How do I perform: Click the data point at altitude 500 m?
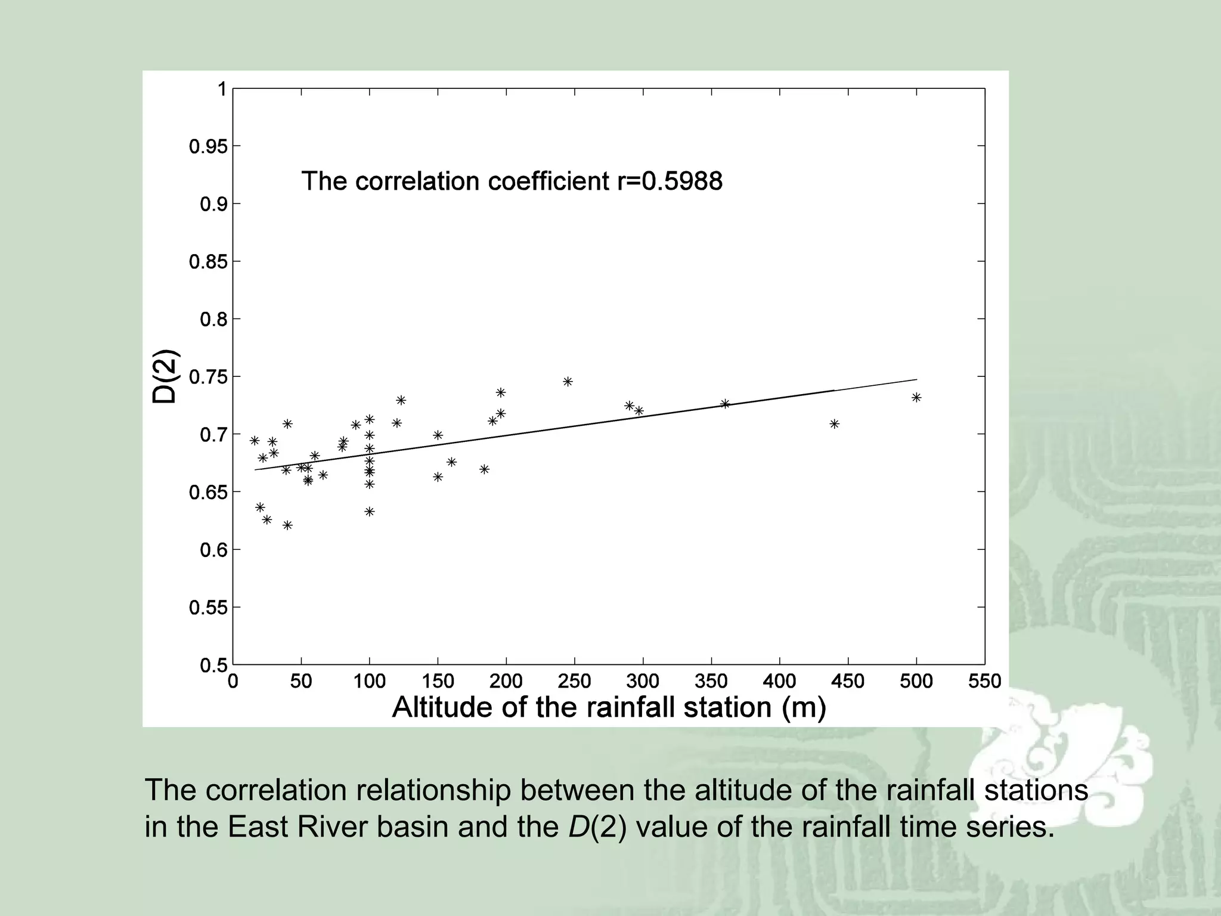(x=916, y=397)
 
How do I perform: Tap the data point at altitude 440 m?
(x=835, y=423)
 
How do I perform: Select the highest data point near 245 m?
(x=568, y=381)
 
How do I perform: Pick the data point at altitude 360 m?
(x=725, y=404)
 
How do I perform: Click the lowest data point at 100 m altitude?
(x=370, y=511)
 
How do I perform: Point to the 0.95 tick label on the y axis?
(x=209, y=147)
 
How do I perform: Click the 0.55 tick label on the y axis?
(x=209, y=608)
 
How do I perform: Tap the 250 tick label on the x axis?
(x=574, y=681)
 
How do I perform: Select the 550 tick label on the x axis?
(x=985, y=681)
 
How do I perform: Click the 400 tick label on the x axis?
(x=779, y=681)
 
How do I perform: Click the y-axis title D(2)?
(x=165, y=376)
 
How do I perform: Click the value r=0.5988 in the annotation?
(x=670, y=181)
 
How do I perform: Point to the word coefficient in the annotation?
(x=548, y=181)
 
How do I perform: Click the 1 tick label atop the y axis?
(x=222, y=89)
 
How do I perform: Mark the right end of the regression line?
(x=916, y=379)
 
